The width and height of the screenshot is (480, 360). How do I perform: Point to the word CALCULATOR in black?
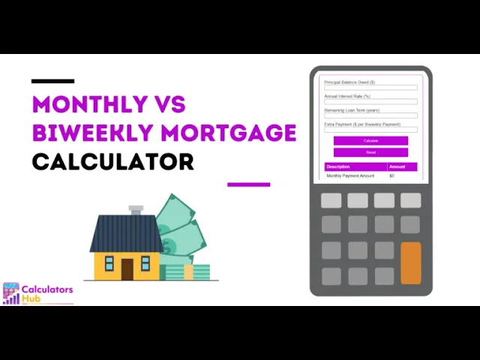pos(112,161)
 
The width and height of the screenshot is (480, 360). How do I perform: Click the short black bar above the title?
pos(52,80)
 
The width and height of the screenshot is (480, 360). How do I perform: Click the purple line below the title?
pos(248,184)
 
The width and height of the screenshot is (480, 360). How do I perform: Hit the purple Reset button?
pos(370,152)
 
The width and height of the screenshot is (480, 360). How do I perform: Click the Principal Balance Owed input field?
pos(370,88)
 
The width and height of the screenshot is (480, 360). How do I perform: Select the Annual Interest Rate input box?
pos(370,102)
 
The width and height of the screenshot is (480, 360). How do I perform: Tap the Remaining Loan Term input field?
pos(370,115)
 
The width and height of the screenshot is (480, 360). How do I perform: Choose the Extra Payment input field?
pos(370,130)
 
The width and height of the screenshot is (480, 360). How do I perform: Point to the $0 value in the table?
pos(391,175)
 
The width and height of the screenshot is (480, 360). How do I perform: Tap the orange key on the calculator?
pos(410,263)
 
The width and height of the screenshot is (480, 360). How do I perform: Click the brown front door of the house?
pos(127,268)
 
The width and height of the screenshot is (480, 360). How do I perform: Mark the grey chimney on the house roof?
pos(136,210)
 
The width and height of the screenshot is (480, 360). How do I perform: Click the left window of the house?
pos(109,263)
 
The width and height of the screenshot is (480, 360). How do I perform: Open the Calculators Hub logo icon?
pos(11,293)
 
